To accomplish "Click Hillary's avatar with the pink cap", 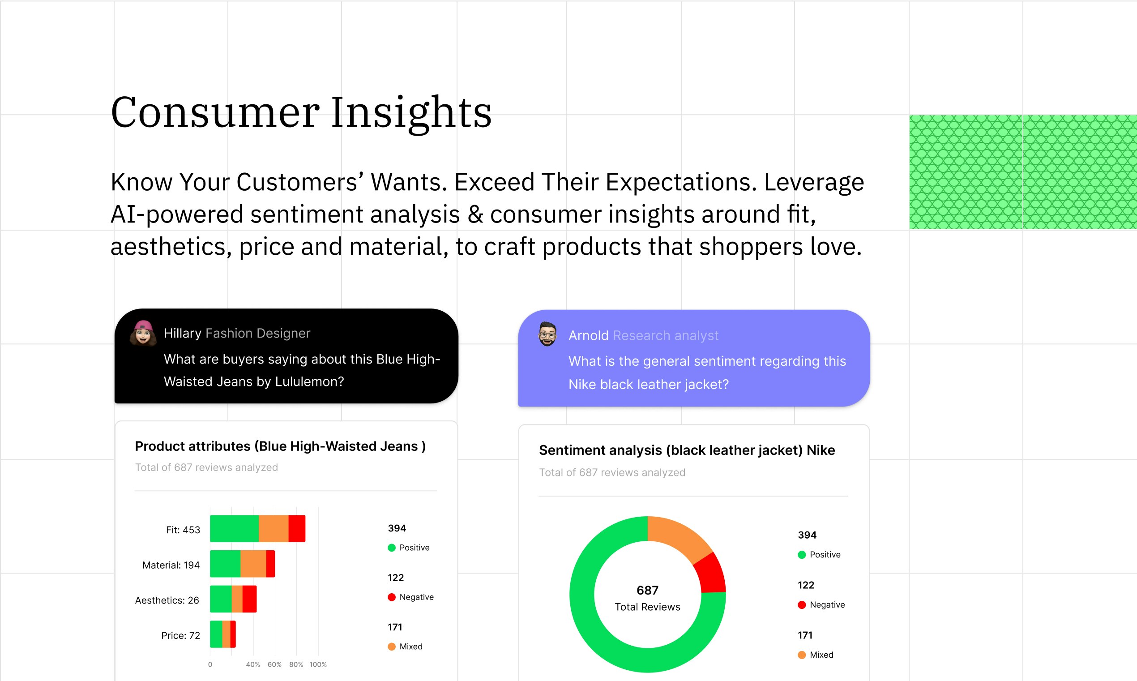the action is [x=143, y=333].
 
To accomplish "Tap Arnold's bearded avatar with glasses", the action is [x=547, y=334].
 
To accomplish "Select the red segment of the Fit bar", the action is [x=297, y=529].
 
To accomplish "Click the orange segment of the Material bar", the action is [x=253, y=564].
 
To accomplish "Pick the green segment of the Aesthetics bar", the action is [x=221, y=599].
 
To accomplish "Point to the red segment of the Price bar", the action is [x=233, y=634].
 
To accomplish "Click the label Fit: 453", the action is [x=183, y=530].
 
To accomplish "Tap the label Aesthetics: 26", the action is [x=167, y=600].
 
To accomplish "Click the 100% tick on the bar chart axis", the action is [x=318, y=664].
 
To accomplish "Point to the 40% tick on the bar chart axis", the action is [x=253, y=664].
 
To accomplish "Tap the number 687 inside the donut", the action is [x=648, y=590].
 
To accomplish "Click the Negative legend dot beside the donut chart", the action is [x=802, y=605].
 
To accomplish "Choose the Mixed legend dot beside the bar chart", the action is [x=392, y=647].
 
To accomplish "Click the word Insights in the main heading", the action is [x=411, y=112].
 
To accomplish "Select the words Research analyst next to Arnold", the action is [x=666, y=335].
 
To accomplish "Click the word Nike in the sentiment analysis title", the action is [x=821, y=450].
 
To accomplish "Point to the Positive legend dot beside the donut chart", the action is [x=802, y=555].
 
